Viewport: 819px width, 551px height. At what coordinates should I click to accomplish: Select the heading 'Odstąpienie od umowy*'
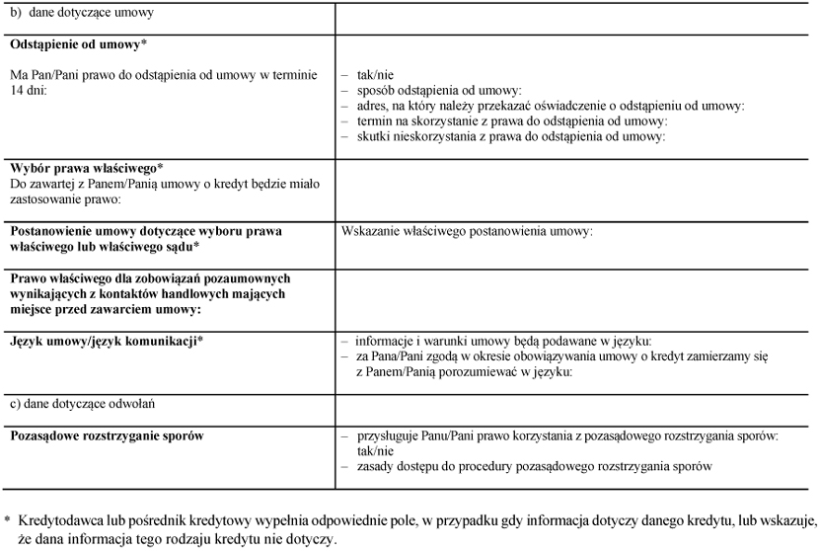click(78, 45)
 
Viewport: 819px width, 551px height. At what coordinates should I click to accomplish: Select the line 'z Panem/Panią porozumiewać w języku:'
click(465, 371)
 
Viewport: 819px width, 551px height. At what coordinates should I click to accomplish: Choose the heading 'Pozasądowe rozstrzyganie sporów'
click(108, 434)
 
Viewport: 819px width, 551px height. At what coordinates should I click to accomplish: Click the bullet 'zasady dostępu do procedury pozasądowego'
click(533, 465)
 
